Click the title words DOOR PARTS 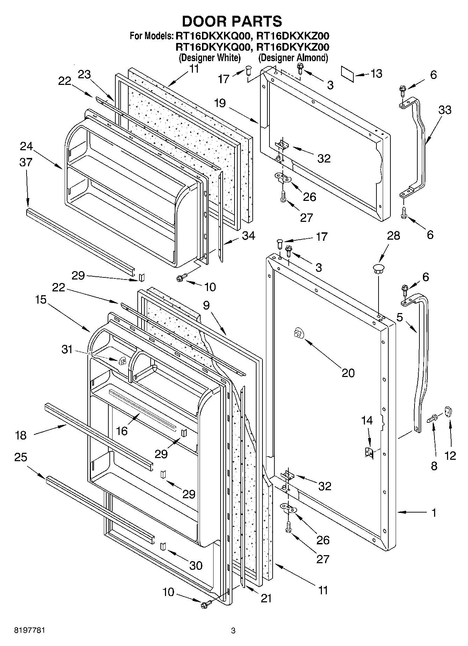coord(232,21)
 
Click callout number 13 coord(376,74)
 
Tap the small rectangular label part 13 coord(348,74)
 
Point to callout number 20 coord(348,373)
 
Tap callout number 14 coord(367,421)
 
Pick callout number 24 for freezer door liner coord(26,146)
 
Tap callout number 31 coord(67,349)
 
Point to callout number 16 coord(122,431)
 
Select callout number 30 coord(195,565)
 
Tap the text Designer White coord(209,58)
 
